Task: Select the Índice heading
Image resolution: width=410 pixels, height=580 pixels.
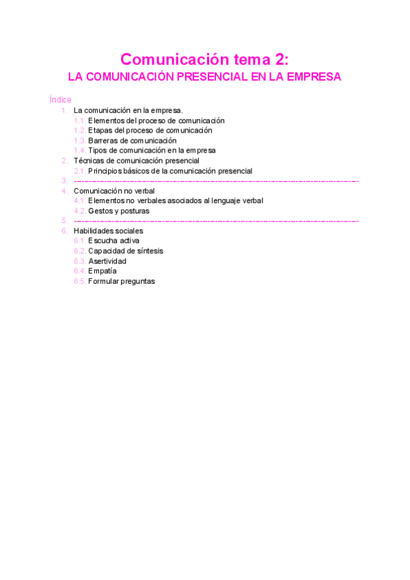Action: pyautogui.click(x=60, y=100)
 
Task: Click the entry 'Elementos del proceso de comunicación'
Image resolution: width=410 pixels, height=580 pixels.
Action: pyautogui.click(x=156, y=120)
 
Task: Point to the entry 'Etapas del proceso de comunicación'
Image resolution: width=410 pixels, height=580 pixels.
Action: pyautogui.click(x=150, y=130)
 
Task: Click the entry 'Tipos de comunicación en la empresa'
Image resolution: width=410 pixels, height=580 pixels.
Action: pyautogui.click(x=152, y=150)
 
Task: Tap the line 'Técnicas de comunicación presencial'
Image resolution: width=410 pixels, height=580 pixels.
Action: pyautogui.click(x=136, y=161)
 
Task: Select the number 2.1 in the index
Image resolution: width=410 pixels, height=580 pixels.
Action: pyautogui.click(x=79, y=171)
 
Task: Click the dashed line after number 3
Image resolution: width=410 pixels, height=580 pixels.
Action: pyautogui.click(x=216, y=181)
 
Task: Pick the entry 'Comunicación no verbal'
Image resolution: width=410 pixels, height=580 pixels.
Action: pyautogui.click(x=114, y=191)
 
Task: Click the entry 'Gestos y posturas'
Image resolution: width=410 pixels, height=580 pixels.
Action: pyautogui.click(x=118, y=211)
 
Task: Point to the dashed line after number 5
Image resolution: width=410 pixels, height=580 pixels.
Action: pyautogui.click(x=216, y=221)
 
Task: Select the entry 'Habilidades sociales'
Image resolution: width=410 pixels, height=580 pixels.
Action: pyautogui.click(x=108, y=231)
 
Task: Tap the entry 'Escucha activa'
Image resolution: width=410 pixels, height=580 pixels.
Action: pyautogui.click(x=113, y=241)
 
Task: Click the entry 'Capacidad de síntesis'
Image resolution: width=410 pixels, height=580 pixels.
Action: pyautogui.click(x=125, y=251)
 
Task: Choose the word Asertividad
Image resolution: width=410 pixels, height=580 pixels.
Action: pyautogui.click(x=107, y=261)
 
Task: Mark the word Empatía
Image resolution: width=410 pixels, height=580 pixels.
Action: pyautogui.click(x=102, y=271)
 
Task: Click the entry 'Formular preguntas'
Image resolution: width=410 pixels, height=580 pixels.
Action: pyautogui.click(x=121, y=281)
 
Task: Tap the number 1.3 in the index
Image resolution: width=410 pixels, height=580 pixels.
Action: pyautogui.click(x=79, y=140)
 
